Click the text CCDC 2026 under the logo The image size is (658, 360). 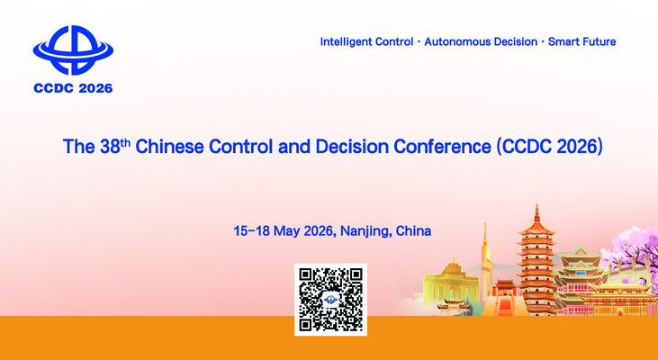point(73,88)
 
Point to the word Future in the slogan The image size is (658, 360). point(597,42)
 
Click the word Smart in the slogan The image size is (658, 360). point(559,42)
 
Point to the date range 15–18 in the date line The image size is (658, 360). point(253,230)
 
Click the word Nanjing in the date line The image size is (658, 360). point(364,231)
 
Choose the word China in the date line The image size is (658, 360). point(412,230)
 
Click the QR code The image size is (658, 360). point(329,299)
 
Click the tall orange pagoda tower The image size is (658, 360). point(537,261)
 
